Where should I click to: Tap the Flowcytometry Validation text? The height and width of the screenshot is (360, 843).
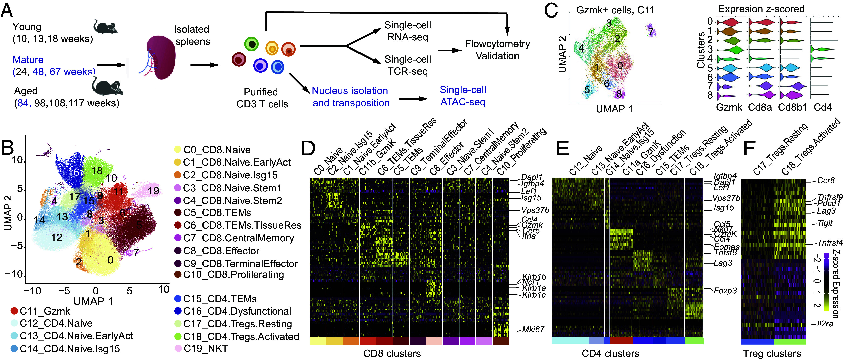(497, 50)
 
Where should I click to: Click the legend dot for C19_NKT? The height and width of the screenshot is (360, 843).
(178, 348)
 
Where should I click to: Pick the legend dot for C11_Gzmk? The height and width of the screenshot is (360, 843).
(14, 311)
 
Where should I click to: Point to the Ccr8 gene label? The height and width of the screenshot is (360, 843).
(826, 180)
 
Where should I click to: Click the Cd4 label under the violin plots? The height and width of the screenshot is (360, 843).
(822, 107)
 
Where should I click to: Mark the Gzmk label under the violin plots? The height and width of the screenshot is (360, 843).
(729, 107)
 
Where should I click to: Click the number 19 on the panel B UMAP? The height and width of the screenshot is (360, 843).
(153, 191)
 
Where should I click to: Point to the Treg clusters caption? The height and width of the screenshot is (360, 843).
(772, 353)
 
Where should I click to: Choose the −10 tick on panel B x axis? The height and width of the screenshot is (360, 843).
(32, 290)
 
